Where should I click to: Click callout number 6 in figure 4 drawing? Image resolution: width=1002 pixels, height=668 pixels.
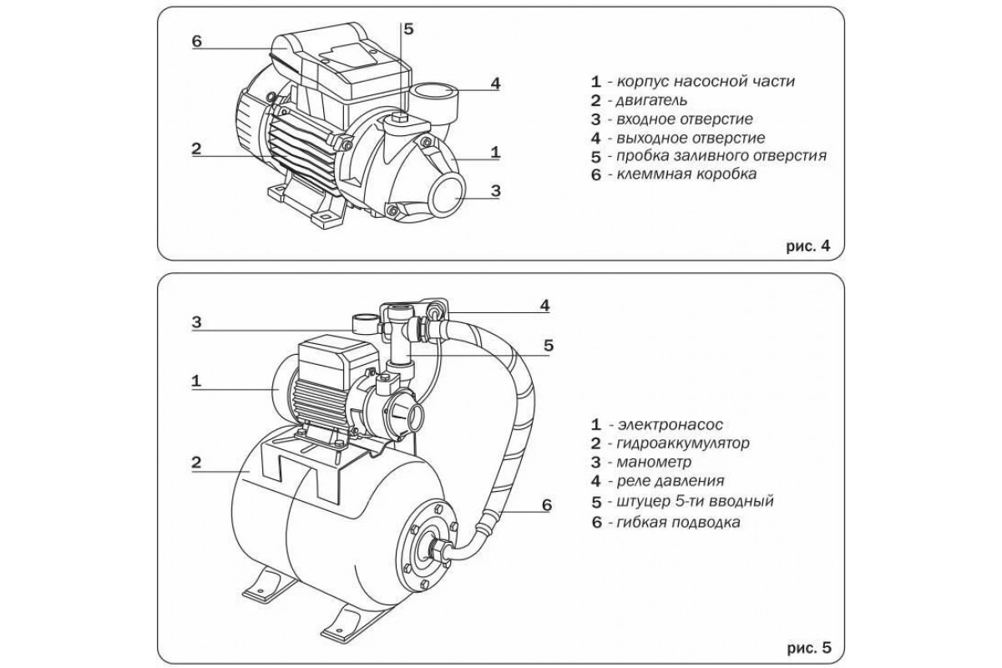click(196, 42)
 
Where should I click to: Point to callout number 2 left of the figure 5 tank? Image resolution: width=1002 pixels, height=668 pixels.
click(196, 461)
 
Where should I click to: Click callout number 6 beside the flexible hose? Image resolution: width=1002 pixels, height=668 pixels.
click(546, 505)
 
